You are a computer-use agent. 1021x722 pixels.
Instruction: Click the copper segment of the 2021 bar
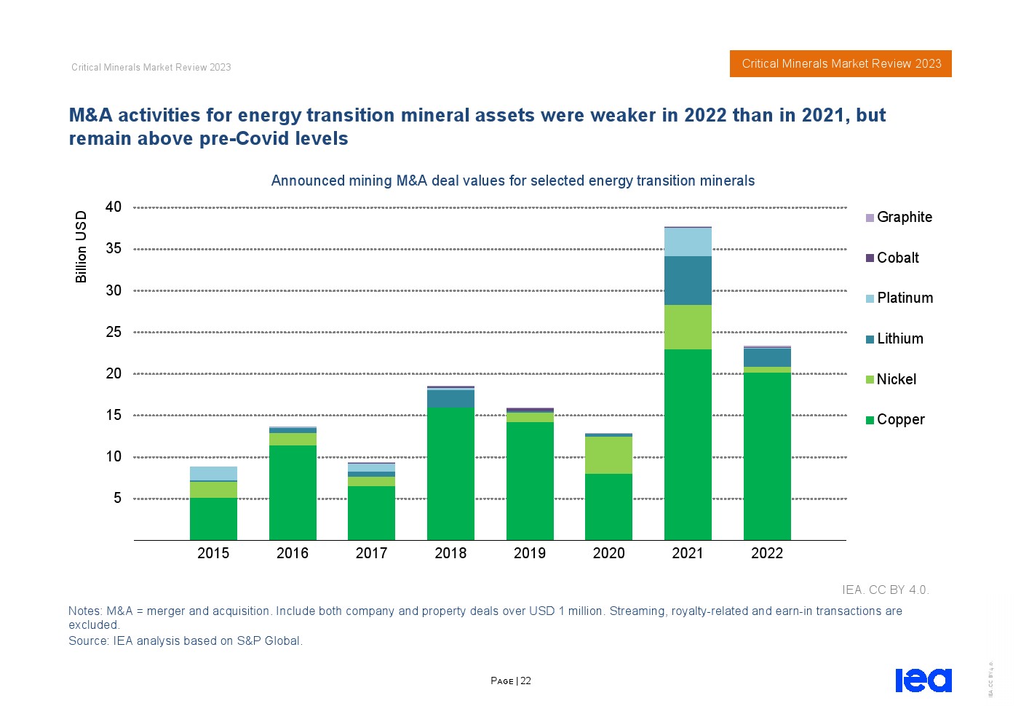[688, 444]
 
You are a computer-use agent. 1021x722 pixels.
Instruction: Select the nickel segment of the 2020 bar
[608, 455]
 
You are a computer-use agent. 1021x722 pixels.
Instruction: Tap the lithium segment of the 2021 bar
[688, 280]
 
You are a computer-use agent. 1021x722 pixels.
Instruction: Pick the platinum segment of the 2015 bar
[213, 473]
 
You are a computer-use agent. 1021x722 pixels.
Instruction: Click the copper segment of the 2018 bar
[450, 473]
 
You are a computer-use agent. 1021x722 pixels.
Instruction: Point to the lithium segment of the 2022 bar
[767, 357]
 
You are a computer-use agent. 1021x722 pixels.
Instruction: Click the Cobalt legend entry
[897, 258]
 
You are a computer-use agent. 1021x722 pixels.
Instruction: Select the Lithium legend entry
[899, 338]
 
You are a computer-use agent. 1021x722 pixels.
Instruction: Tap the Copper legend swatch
[870, 420]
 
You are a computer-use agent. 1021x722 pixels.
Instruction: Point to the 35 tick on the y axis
[114, 248]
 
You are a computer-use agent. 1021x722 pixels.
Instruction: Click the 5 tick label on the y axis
[117, 499]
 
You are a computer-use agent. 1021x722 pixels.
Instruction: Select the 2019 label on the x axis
[529, 553]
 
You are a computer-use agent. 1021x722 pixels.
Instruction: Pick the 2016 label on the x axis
[292, 553]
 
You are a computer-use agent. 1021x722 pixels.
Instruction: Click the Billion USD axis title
[81, 246]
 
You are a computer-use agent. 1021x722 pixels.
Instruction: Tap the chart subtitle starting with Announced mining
[512, 180]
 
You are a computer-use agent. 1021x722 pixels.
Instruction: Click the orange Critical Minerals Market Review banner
[841, 63]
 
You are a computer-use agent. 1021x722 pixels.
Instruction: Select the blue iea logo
[923, 680]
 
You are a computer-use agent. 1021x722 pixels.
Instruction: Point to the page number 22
[525, 681]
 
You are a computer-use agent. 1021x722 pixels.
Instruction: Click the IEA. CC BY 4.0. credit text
[885, 590]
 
